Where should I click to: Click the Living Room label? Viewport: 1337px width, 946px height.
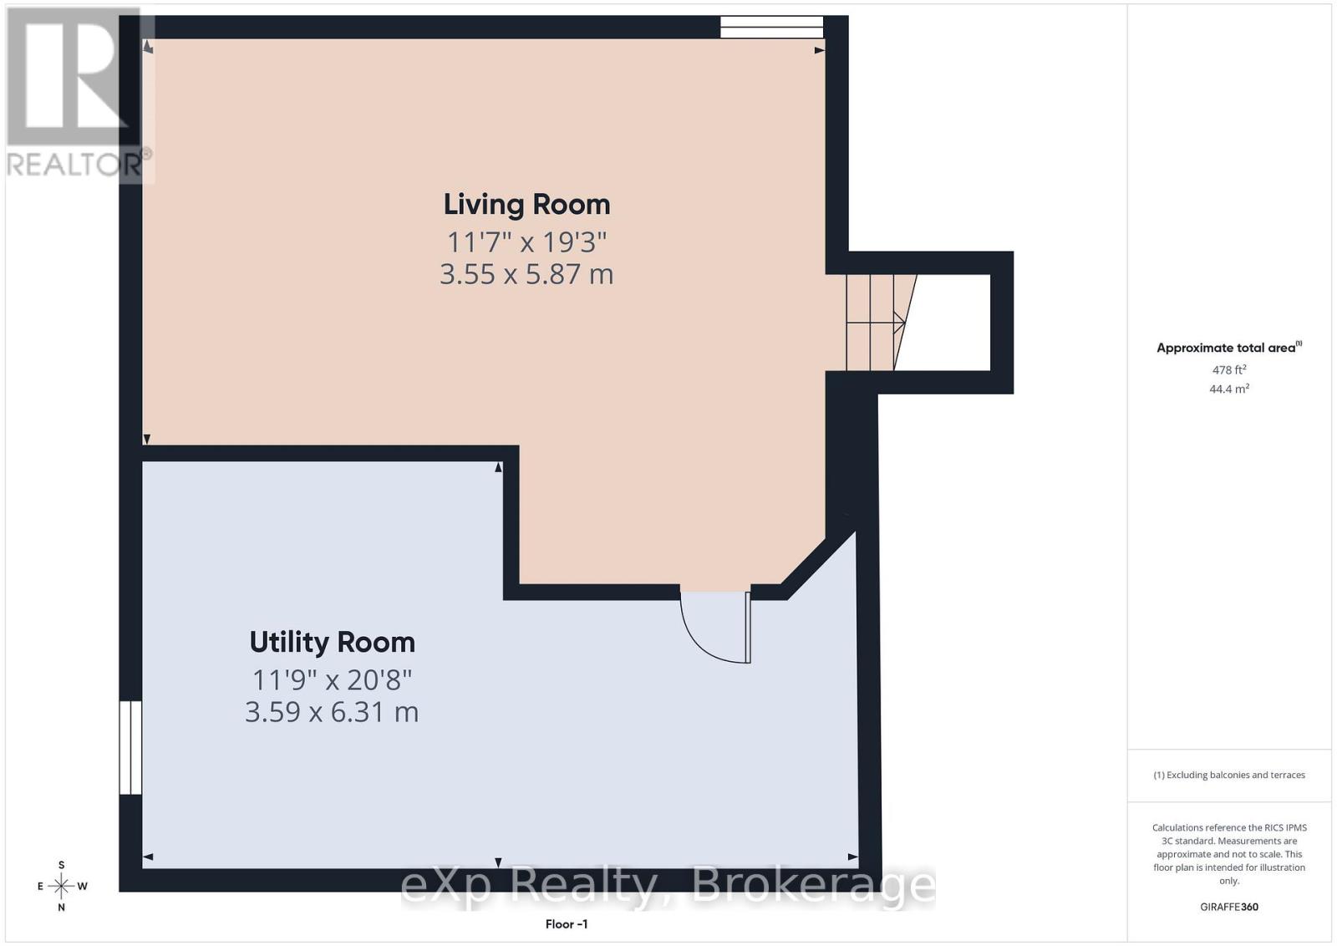[526, 205]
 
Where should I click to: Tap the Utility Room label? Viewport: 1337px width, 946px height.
[332, 642]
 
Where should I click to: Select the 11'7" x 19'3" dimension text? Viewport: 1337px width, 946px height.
[526, 242]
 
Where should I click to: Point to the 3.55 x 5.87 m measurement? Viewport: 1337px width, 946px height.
[526, 275]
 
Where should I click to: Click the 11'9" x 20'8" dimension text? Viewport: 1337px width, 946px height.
[332, 679]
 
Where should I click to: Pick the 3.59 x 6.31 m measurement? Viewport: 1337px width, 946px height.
[332, 712]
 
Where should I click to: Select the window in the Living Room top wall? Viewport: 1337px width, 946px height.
[772, 28]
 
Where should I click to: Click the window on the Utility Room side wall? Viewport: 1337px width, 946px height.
[130, 747]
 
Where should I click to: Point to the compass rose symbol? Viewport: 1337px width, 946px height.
[62, 887]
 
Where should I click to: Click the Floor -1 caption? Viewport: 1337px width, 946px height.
[567, 924]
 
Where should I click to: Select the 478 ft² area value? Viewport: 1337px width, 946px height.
[1229, 369]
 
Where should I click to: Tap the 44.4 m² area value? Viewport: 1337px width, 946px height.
[1229, 389]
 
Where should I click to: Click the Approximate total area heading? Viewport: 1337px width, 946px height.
[1229, 348]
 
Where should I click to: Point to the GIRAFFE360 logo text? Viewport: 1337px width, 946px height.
[1229, 908]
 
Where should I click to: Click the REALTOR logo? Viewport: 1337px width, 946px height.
[74, 93]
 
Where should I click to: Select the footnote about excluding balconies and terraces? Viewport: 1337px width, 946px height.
[1229, 776]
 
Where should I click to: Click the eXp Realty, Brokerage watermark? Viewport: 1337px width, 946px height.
[668, 887]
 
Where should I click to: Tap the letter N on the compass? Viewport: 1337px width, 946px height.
[62, 908]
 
